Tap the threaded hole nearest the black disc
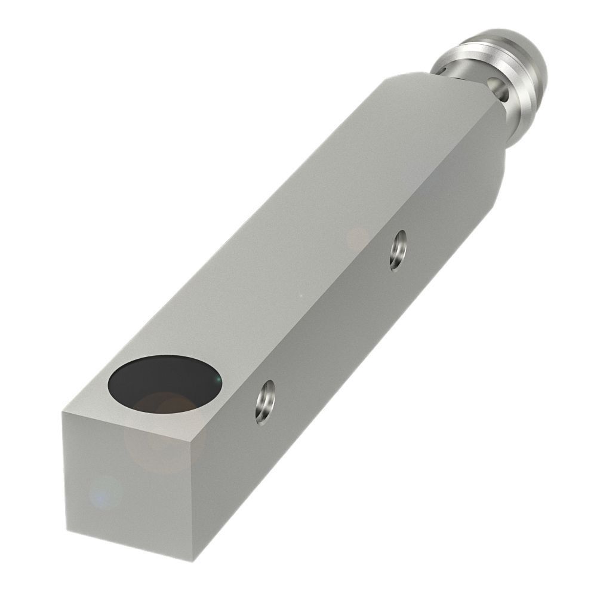pyautogui.click(x=265, y=402)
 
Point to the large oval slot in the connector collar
pyautogui.click(x=498, y=89)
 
